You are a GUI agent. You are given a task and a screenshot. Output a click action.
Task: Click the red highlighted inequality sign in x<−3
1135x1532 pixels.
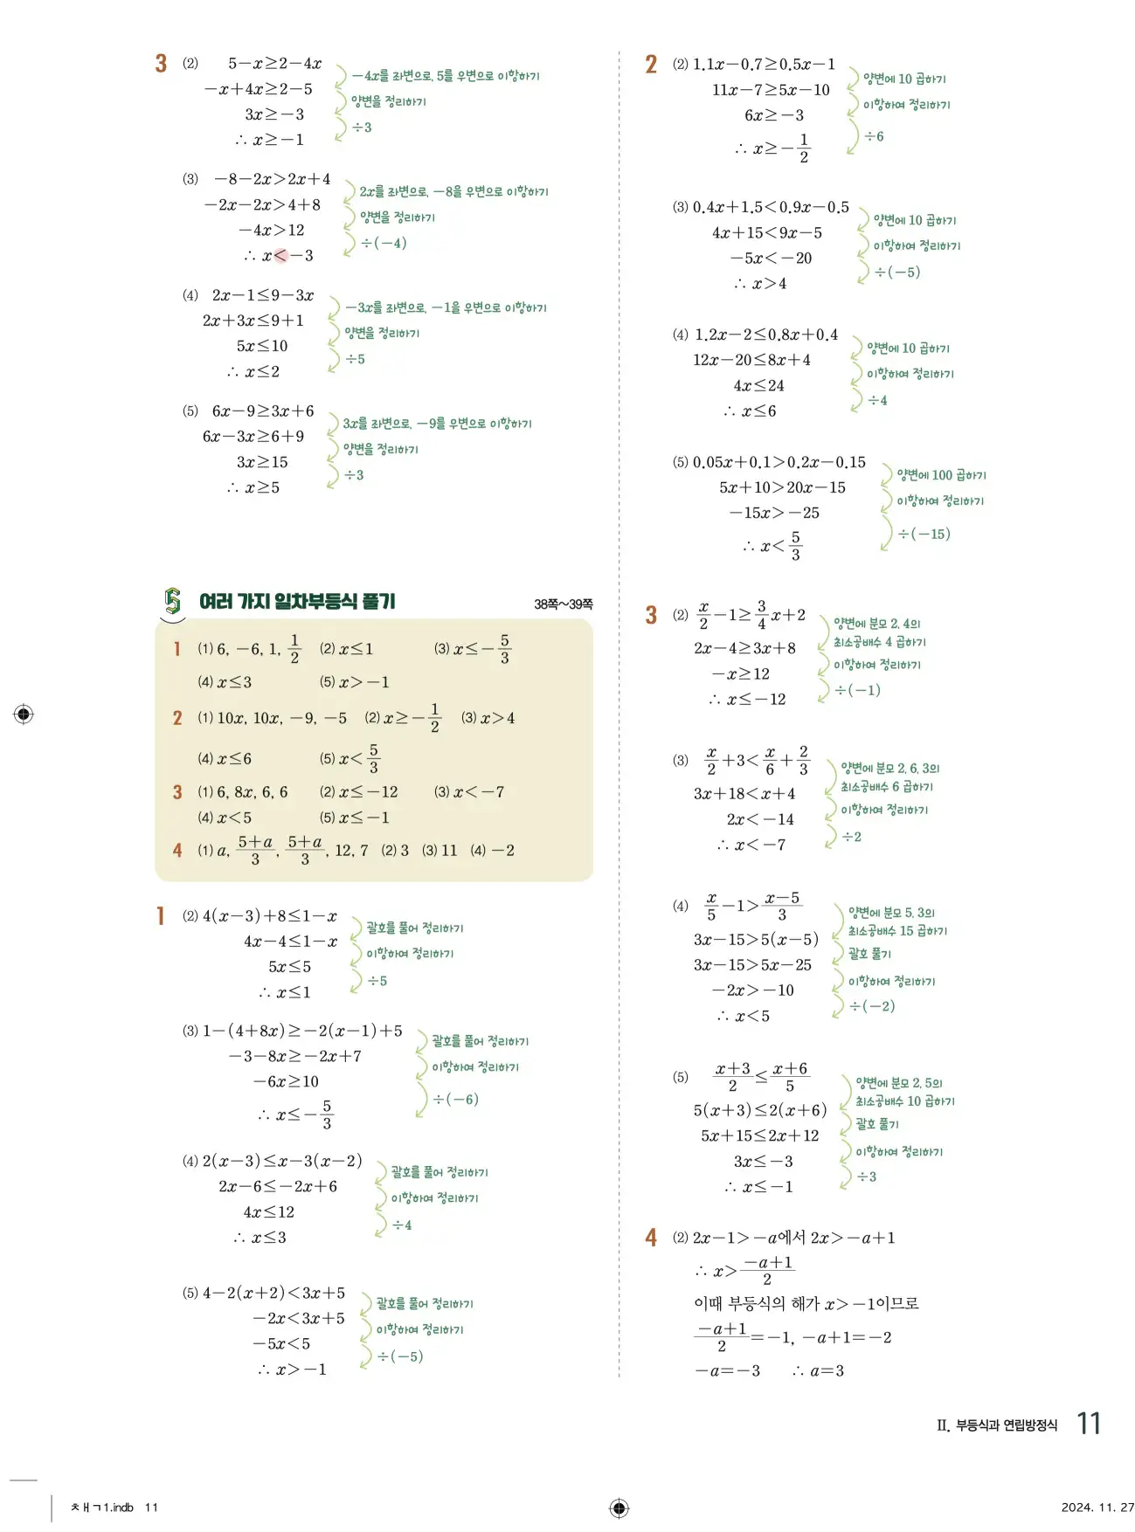pyautogui.click(x=280, y=256)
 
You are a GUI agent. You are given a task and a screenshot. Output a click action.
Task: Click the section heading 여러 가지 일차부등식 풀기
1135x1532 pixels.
pyautogui.click(x=297, y=601)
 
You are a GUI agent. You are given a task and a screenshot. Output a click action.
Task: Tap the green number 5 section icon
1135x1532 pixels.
pyautogui.click(x=173, y=601)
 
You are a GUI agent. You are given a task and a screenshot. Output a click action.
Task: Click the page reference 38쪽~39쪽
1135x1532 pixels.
pyautogui.click(x=563, y=604)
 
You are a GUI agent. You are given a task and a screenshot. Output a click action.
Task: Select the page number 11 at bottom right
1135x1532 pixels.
pyautogui.click(x=1088, y=1424)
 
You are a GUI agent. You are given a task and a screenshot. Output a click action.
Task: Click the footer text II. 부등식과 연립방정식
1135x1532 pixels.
pyautogui.click(x=996, y=1425)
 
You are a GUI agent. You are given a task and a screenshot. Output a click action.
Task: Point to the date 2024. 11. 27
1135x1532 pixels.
pyautogui.click(x=1097, y=1507)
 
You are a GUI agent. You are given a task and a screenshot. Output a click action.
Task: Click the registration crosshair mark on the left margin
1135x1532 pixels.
pyautogui.click(x=24, y=714)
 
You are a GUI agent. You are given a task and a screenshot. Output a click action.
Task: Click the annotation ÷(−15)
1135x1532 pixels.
pyautogui.click(x=924, y=534)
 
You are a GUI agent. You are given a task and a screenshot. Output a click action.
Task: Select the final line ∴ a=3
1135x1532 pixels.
pyautogui.click(x=818, y=1370)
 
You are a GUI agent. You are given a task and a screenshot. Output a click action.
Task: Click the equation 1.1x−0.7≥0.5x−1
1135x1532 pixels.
pyautogui.click(x=764, y=65)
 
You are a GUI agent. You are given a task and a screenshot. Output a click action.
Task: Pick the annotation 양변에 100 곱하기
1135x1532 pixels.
pyautogui.click(x=941, y=475)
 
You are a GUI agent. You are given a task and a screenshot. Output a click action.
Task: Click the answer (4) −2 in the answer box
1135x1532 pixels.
pyautogui.click(x=492, y=850)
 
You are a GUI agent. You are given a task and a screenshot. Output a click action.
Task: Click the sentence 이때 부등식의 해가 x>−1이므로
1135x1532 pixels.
pyautogui.click(x=806, y=1304)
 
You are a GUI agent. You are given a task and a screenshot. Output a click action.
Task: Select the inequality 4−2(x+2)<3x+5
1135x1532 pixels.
pyautogui.click(x=273, y=1293)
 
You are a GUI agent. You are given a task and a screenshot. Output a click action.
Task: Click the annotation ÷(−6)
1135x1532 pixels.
pyautogui.click(x=455, y=1099)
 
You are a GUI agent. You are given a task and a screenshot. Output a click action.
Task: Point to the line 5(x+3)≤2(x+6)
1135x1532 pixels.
pyautogui.click(x=759, y=1110)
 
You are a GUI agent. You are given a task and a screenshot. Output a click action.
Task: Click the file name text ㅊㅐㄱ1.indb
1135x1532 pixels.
pyautogui.click(x=102, y=1508)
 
